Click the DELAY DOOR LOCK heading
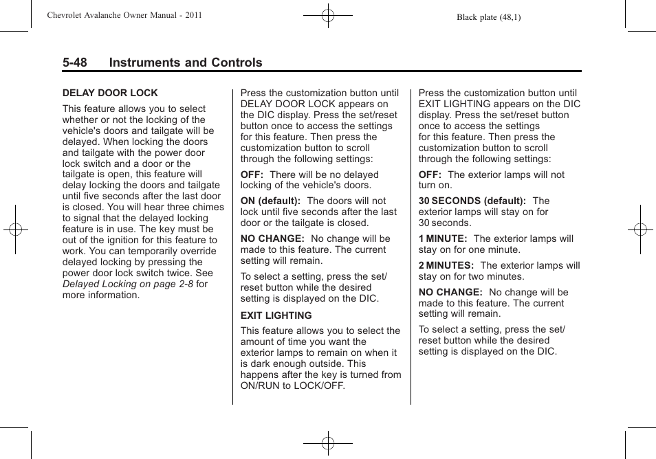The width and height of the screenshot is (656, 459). (x=110, y=93)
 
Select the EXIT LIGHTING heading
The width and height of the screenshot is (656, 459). (x=276, y=315)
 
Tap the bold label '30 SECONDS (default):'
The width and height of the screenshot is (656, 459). (x=472, y=201)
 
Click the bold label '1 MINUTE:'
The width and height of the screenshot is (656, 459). (x=443, y=238)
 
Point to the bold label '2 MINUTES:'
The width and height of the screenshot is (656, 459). (x=446, y=265)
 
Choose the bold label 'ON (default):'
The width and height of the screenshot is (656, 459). (x=270, y=201)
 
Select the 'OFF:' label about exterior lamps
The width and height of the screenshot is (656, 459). (x=430, y=175)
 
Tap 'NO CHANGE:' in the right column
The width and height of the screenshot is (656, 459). (x=450, y=292)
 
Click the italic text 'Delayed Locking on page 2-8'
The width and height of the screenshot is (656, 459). (x=128, y=284)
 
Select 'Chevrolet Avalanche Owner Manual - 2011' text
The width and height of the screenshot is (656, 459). (x=124, y=15)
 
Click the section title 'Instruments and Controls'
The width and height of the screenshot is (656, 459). (x=186, y=63)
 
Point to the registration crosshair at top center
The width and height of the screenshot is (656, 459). (x=328, y=15)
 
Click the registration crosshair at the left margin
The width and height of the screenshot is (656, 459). (x=15, y=229)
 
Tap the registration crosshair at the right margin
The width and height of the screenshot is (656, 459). (x=640, y=229)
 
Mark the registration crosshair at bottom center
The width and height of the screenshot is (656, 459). (x=328, y=443)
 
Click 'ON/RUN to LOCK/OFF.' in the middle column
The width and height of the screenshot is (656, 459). (x=293, y=385)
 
